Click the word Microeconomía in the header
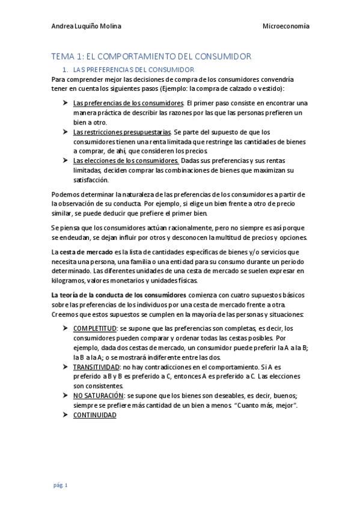[286, 26]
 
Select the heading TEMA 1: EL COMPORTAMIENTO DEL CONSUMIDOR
[151, 57]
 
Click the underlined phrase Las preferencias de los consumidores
[129, 103]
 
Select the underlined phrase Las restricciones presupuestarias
[122, 132]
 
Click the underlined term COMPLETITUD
[95, 328]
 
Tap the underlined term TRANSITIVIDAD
[97, 366]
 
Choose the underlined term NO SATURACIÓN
[99, 395]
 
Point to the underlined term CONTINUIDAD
[94, 415]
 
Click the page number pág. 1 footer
[59, 485]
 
